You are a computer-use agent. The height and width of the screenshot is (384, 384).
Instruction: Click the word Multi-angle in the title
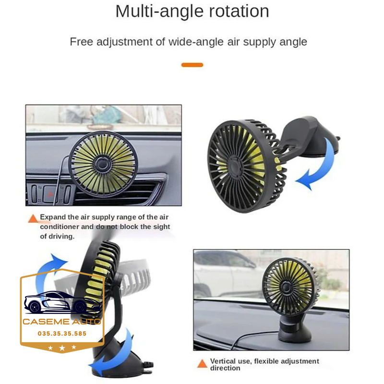coord(160,11)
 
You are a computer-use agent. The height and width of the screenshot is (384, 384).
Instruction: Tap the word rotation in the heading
coord(239,11)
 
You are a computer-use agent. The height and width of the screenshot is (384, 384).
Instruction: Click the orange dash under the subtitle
coord(192,65)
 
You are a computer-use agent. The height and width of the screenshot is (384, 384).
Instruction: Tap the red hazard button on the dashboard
coord(50,194)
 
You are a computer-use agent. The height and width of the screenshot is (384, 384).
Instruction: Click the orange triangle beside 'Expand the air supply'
coord(33,218)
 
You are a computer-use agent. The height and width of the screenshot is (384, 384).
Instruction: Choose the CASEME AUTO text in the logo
coord(62,322)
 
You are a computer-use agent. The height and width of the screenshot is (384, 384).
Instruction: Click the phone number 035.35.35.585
coord(62,334)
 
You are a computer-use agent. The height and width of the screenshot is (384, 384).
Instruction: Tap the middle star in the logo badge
coord(62,348)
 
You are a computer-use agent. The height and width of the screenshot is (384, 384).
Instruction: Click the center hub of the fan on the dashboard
coord(285,287)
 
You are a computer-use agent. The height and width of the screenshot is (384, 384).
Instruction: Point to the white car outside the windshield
coord(225,273)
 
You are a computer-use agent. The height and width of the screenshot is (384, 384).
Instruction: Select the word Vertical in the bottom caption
coord(223,361)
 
